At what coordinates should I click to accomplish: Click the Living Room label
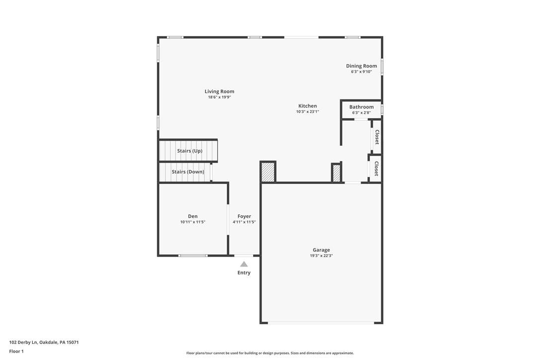tap(219, 91)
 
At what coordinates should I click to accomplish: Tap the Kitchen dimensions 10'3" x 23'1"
tap(307, 111)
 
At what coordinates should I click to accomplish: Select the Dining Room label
tap(361, 66)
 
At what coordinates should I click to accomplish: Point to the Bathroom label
tap(361, 107)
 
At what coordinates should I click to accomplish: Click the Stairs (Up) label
tap(190, 151)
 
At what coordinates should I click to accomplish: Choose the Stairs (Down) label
tap(188, 172)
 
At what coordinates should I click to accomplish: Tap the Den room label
tap(193, 216)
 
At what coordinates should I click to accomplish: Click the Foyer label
tap(244, 216)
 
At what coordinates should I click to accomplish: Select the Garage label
tap(321, 250)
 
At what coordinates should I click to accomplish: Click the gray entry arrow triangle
tap(244, 264)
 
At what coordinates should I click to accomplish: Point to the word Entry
tap(244, 272)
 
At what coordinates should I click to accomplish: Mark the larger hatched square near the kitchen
tap(268, 172)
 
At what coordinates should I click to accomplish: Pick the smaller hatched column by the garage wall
tap(336, 173)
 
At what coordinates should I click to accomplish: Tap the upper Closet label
tap(377, 137)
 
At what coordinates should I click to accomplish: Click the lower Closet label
tap(376, 169)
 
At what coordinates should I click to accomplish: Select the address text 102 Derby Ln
tap(23, 343)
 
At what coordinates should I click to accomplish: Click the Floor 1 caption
tap(16, 352)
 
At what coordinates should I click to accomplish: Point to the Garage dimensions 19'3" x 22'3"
tap(321, 256)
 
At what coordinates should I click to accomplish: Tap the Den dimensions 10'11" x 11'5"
tap(193, 222)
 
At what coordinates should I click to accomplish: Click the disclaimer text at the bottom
tap(270, 353)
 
